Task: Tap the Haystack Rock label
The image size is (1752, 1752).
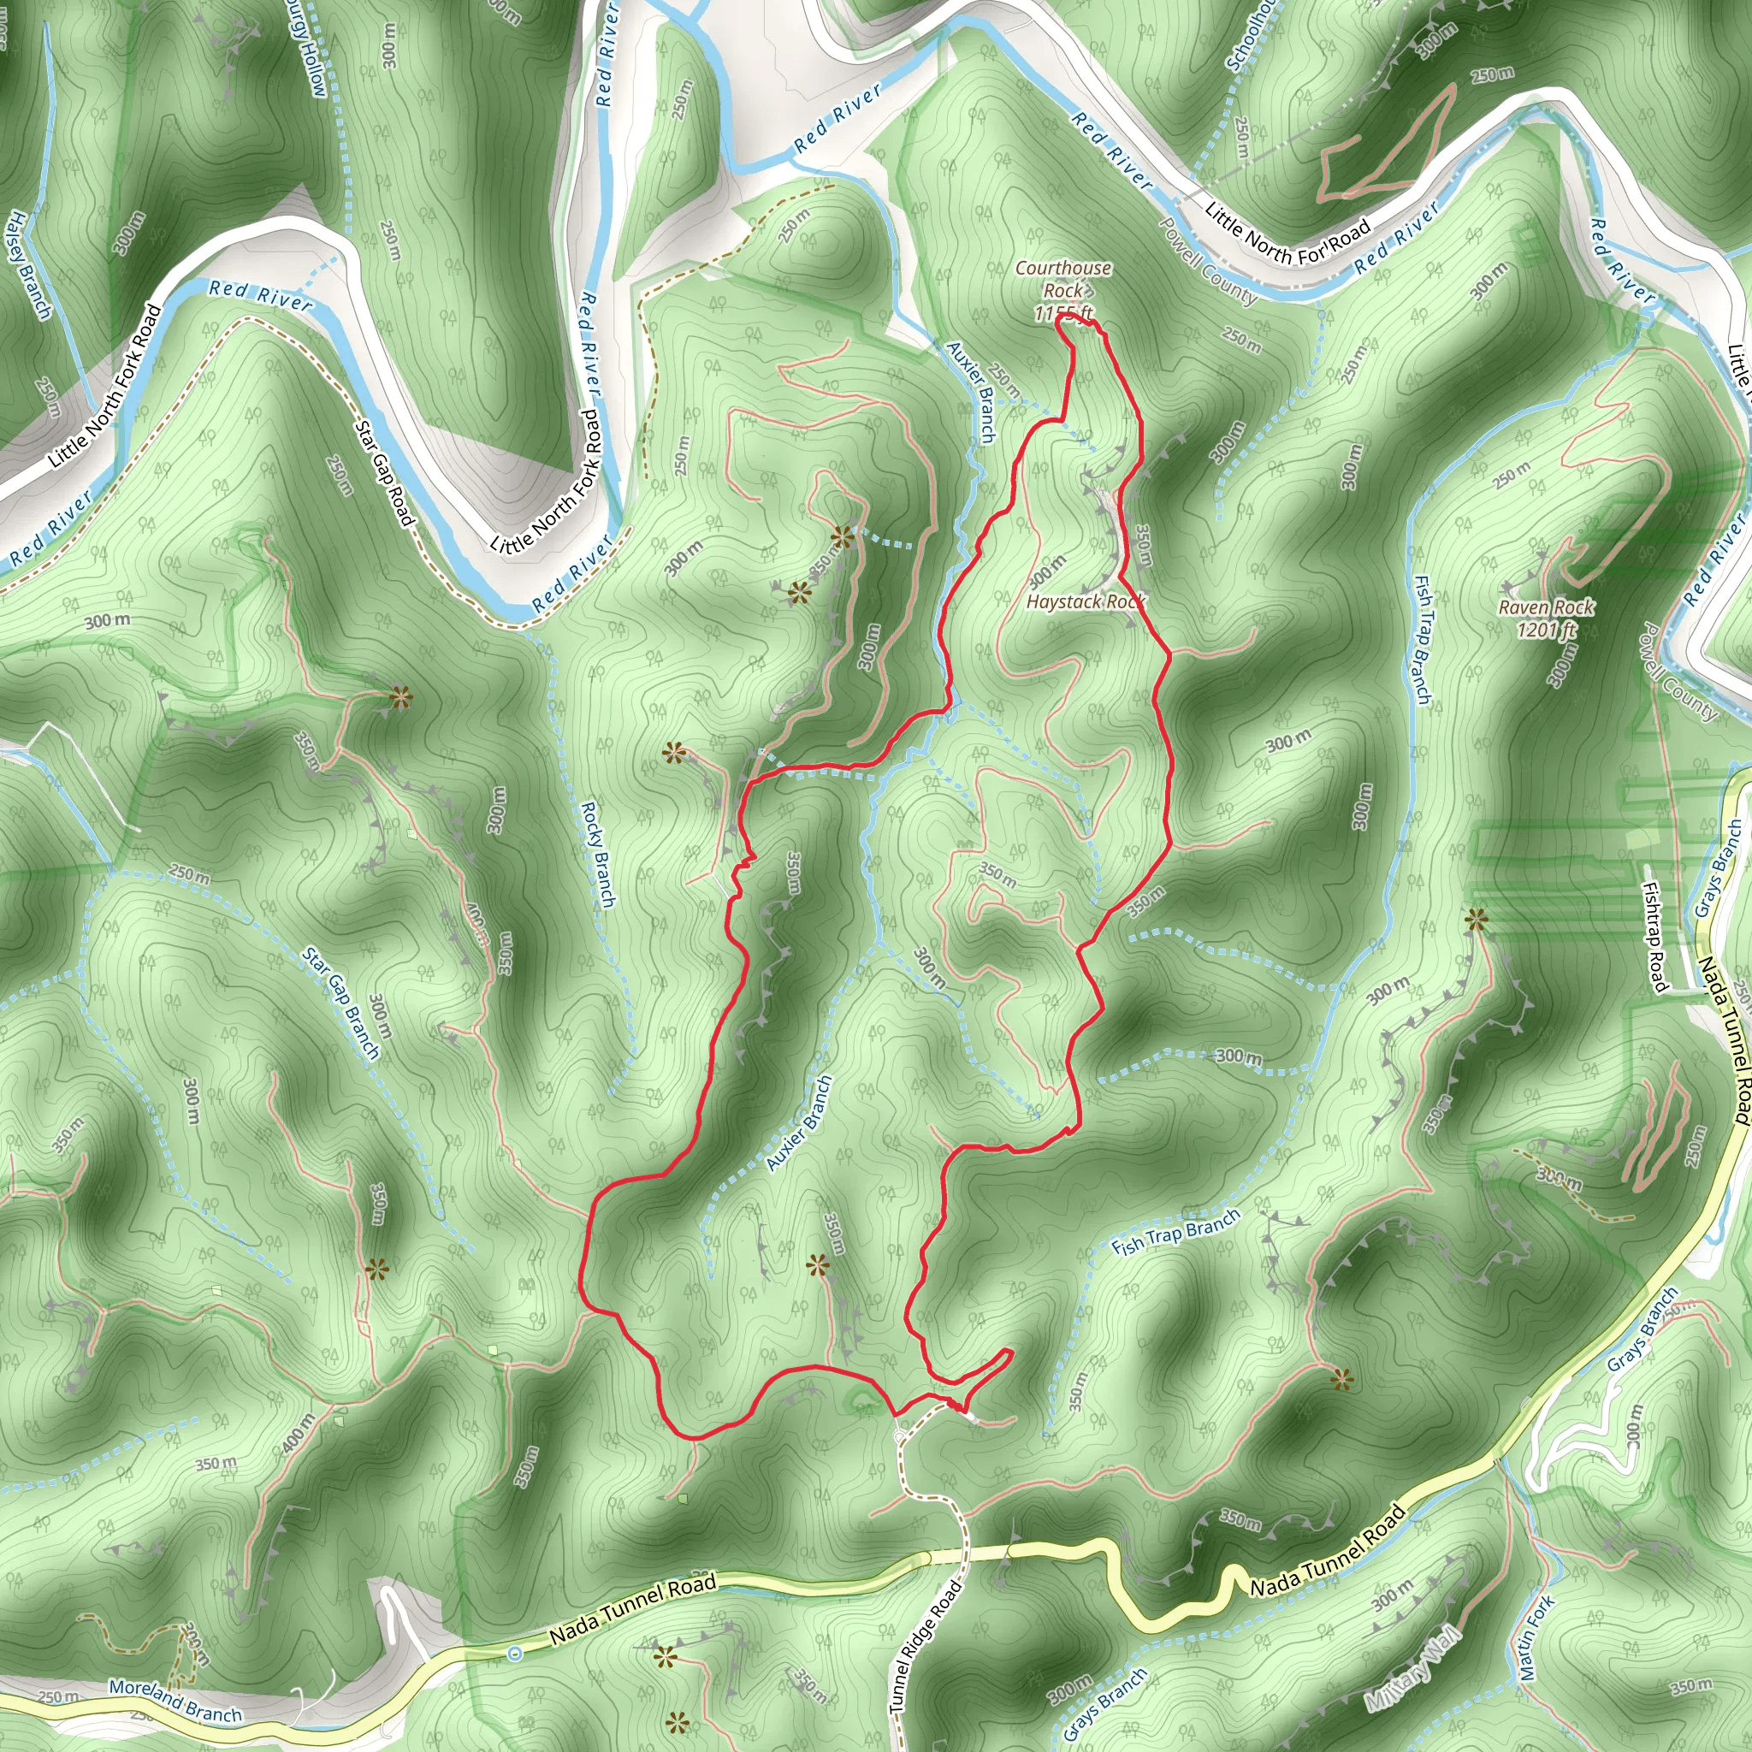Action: tap(1086, 601)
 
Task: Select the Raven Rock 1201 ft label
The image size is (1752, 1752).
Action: tap(1545, 618)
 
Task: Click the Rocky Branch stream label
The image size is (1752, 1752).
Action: tap(598, 853)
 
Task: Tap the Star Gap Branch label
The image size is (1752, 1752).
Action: tap(341, 1003)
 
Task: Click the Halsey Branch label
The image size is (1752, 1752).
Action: tap(29, 265)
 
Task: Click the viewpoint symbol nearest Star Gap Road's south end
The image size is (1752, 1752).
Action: tap(400, 697)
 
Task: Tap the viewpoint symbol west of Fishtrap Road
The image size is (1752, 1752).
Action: tap(1477, 920)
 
